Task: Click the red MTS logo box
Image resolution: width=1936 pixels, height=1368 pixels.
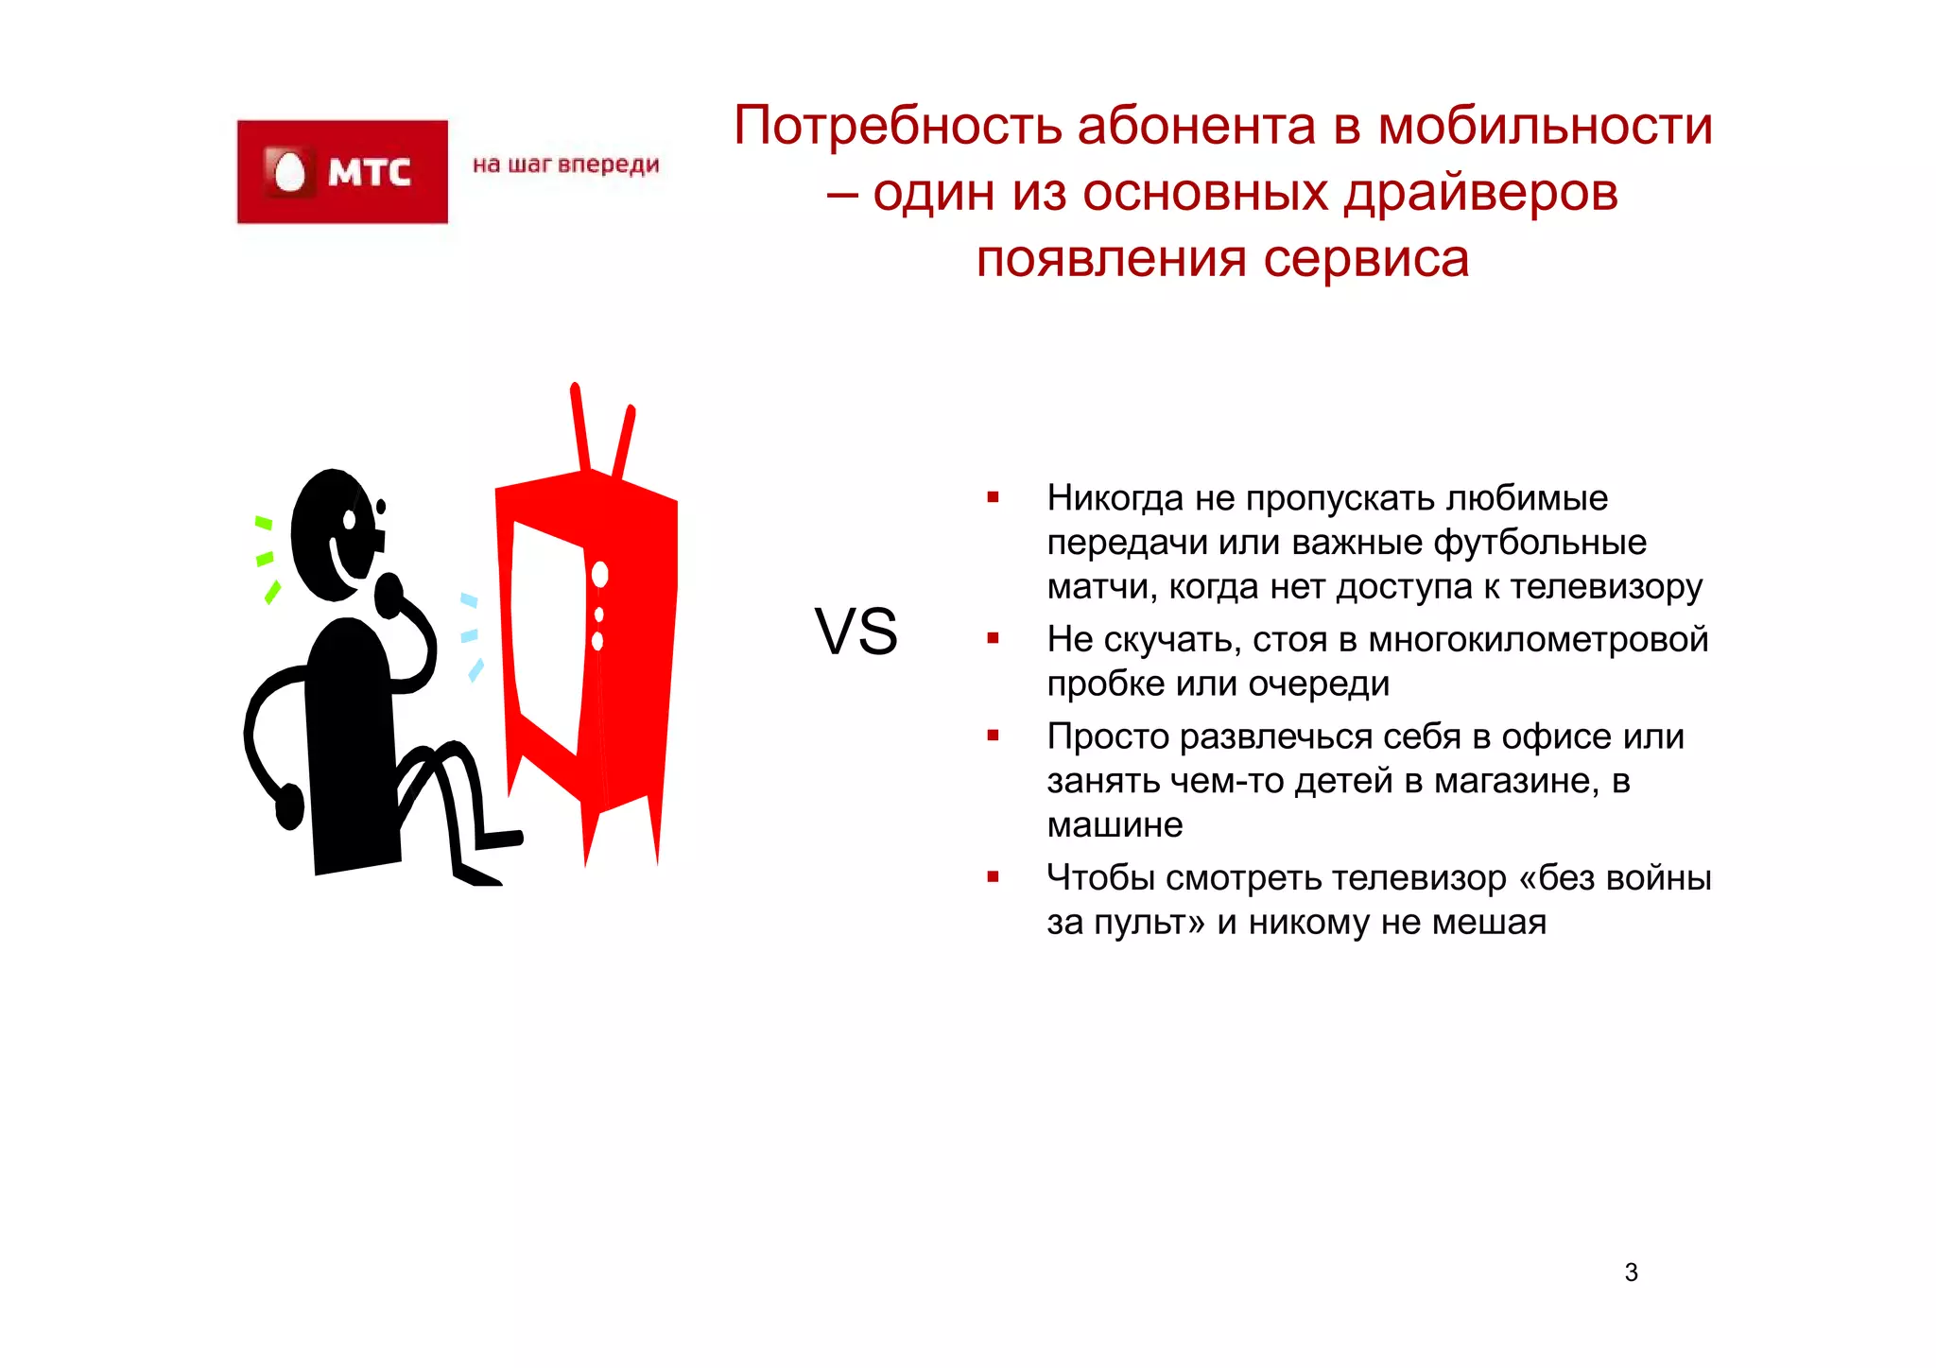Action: (x=342, y=172)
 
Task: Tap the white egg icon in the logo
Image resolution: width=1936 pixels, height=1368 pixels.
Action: (x=288, y=172)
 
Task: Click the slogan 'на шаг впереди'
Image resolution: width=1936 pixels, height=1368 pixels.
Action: (x=565, y=165)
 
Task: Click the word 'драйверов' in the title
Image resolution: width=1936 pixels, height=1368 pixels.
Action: (x=1480, y=193)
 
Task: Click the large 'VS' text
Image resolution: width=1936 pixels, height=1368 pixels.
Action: (x=856, y=632)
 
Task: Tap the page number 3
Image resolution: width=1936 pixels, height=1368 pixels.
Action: (x=1631, y=1273)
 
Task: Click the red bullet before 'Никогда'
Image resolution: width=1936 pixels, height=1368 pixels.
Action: (x=993, y=497)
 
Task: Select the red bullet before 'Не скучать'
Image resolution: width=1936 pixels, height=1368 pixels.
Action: (x=993, y=639)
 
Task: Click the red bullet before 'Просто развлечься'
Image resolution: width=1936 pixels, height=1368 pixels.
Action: (x=993, y=736)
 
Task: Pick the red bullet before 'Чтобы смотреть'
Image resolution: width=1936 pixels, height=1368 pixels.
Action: (x=993, y=877)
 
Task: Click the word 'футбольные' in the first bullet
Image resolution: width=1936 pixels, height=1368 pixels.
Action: (x=1540, y=543)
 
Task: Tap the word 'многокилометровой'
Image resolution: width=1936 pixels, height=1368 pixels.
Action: (x=1538, y=640)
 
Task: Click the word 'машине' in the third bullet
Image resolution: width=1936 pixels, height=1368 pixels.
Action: (x=1115, y=825)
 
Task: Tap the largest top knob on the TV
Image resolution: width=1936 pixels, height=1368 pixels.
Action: (x=599, y=574)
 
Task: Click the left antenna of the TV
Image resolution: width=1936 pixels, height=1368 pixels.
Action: (x=579, y=425)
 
